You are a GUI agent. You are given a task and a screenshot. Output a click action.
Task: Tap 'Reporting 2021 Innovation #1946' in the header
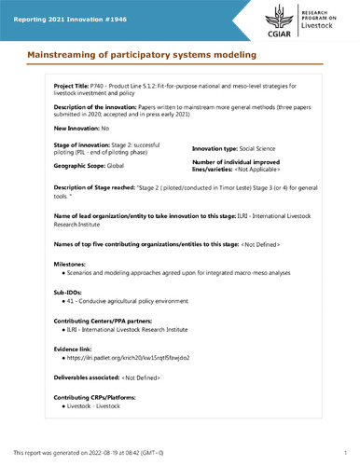point(72,10)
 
